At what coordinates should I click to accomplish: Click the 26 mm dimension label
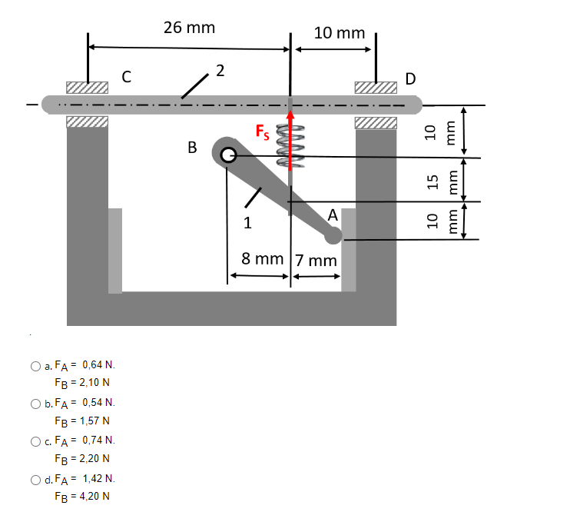pos(189,28)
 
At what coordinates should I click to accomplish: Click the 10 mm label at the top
pos(340,33)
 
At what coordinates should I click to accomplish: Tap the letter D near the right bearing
pos(410,78)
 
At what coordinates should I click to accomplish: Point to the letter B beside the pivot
pos(192,146)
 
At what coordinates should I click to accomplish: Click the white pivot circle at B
pos(226,156)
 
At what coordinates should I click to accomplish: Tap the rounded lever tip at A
pos(333,234)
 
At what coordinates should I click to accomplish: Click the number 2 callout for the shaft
pos(220,71)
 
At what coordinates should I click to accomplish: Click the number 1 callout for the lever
pos(247,224)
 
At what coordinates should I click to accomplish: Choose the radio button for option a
pos(35,366)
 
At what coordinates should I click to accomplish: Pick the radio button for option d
pos(35,480)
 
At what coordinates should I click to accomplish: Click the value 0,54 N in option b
pos(98,403)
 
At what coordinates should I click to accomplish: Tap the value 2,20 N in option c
pos(92,458)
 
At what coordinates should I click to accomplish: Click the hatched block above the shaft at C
pos(86,87)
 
